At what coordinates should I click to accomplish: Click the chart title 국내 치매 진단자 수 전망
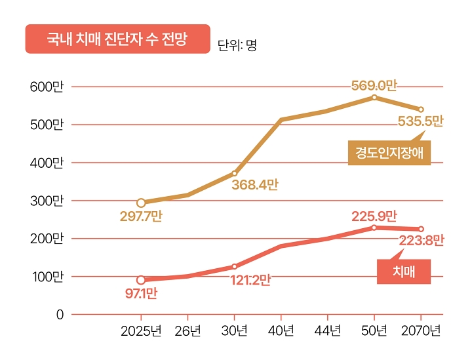click(x=117, y=39)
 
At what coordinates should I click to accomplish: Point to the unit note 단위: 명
click(x=237, y=46)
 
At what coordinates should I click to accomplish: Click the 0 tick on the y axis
click(x=60, y=315)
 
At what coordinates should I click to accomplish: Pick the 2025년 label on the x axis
click(x=141, y=331)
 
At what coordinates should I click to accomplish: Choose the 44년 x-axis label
click(x=327, y=331)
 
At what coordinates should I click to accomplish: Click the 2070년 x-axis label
click(x=421, y=331)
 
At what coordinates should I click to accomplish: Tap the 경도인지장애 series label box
click(x=389, y=153)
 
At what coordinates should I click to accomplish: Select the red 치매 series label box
click(x=404, y=271)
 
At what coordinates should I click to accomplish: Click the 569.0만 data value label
click(x=374, y=85)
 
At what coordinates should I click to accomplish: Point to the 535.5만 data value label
click(x=420, y=121)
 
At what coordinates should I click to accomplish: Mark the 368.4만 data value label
click(x=254, y=185)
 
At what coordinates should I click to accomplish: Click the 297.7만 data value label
click(x=141, y=216)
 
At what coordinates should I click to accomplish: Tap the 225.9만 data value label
click(x=374, y=215)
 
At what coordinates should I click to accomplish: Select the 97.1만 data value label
click(x=141, y=293)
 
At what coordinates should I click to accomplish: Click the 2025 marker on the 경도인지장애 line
click(x=141, y=203)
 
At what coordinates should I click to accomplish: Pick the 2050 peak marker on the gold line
click(x=374, y=97)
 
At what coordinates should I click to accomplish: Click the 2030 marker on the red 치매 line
click(x=234, y=267)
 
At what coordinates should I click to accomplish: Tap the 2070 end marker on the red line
click(x=421, y=229)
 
